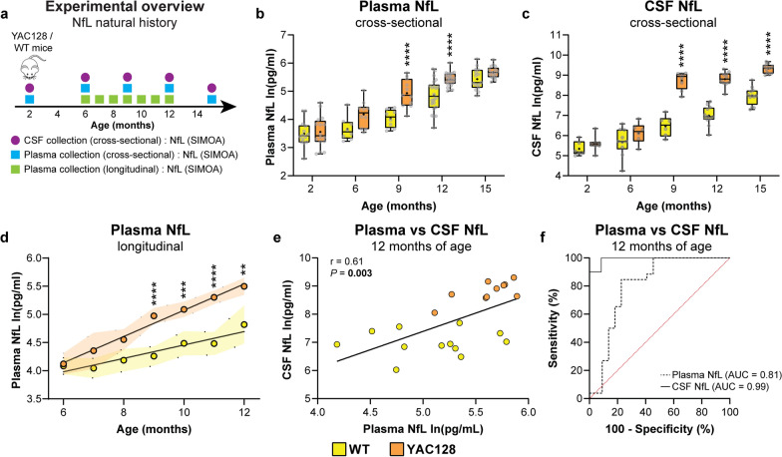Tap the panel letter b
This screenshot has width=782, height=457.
[x=260, y=13]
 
